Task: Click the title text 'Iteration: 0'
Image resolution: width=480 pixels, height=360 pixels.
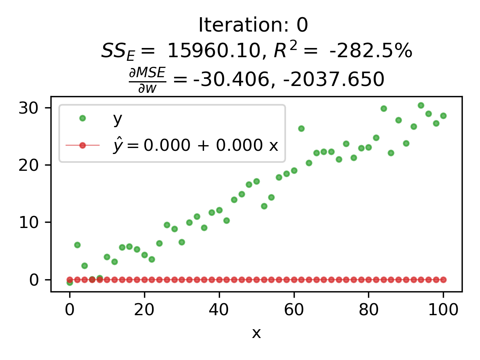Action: point(253,26)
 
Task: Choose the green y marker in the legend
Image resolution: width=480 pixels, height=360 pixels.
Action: point(82,118)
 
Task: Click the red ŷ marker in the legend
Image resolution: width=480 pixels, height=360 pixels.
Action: point(82,145)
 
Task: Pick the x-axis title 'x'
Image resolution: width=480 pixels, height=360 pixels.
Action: point(256,333)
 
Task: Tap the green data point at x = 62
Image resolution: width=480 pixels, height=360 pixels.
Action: point(301,128)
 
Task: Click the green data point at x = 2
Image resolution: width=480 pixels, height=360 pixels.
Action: point(77,245)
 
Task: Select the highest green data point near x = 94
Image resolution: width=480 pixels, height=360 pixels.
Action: point(421,105)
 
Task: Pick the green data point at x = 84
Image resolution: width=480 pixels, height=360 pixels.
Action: point(384,108)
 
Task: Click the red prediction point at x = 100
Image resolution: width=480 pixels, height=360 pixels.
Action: point(443,280)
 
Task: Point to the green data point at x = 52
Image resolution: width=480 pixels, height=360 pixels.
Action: point(264,206)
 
